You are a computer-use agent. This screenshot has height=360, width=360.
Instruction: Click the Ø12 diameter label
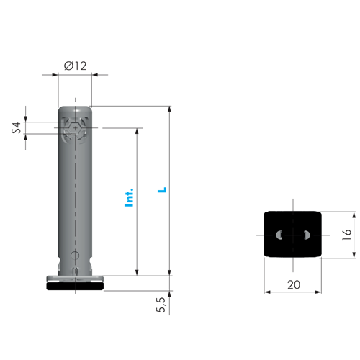pyautogui.click(x=75, y=66)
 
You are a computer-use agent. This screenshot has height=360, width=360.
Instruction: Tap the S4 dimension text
pyautogui.click(x=17, y=127)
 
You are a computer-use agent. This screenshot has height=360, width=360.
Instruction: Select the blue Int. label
pyautogui.click(x=129, y=197)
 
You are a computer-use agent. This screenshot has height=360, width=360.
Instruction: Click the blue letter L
pyautogui.click(x=162, y=189)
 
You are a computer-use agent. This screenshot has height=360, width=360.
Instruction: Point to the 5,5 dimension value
pyautogui.click(x=161, y=305)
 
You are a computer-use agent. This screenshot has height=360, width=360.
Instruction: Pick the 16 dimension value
pyautogui.click(x=346, y=235)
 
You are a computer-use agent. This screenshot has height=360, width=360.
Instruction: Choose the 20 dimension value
pyautogui.click(x=294, y=285)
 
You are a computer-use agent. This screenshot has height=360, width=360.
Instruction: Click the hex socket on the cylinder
pyautogui.click(x=75, y=128)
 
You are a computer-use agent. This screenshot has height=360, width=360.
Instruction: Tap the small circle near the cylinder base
pyautogui.click(x=75, y=255)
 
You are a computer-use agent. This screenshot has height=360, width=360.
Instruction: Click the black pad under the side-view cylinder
pyautogui.click(x=75, y=286)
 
